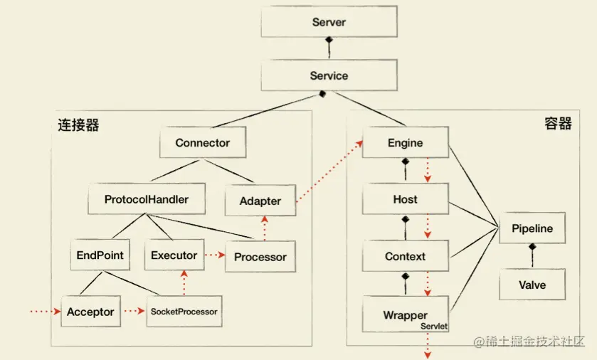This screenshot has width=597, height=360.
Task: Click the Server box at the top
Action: click(x=329, y=22)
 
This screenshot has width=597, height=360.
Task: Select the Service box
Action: click(x=329, y=76)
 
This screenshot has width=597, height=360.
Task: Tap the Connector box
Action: click(x=203, y=143)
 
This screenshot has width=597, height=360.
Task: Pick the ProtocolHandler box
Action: click(x=147, y=199)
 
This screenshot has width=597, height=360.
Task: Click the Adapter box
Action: click(x=260, y=201)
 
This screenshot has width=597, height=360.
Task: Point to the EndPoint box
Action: click(x=100, y=255)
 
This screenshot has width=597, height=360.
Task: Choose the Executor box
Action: click(x=174, y=255)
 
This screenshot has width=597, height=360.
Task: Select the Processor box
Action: click(x=260, y=257)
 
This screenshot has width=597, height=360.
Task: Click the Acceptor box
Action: click(x=90, y=312)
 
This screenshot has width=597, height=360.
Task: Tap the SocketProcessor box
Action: click(x=183, y=312)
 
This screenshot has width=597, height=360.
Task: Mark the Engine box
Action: click(x=405, y=143)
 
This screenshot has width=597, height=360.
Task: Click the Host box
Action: click(x=405, y=199)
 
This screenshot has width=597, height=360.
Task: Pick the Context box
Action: click(x=405, y=256)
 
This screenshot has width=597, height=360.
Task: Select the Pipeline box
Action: click(x=532, y=229)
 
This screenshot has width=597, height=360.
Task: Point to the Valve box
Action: click(x=532, y=285)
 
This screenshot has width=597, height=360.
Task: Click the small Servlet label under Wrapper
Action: click(x=433, y=325)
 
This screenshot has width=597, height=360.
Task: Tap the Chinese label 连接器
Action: click(x=78, y=125)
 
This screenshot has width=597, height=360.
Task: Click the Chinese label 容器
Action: click(x=558, y=124)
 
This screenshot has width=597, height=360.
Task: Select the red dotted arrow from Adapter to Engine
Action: click(x=328, y=173)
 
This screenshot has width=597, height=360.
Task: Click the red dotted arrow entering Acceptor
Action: click(x=44, y=312)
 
